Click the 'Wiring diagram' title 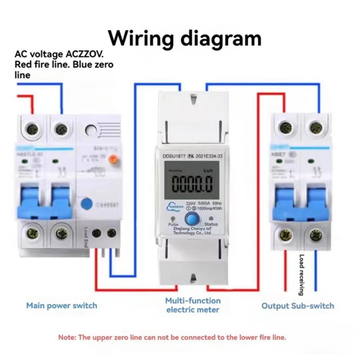[x=185, y=38]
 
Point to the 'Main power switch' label [x=62, y=306]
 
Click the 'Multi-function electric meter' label [x=193, y=305]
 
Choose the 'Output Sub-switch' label [x=297, y=306]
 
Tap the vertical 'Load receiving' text [x=302, y=275]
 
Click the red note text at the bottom [x=172, y=337]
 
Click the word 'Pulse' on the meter [x=173, y=224]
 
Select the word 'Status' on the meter [x=211, y=224]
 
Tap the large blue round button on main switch [x=87, y=204]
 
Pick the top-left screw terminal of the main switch [x=33, y=128]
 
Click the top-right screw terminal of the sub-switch [x=316, y=128]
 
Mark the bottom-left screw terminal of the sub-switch [x=285, y=235]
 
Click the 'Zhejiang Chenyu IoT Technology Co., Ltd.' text [x=192, y=231]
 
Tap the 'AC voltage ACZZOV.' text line [x=59, y=54]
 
